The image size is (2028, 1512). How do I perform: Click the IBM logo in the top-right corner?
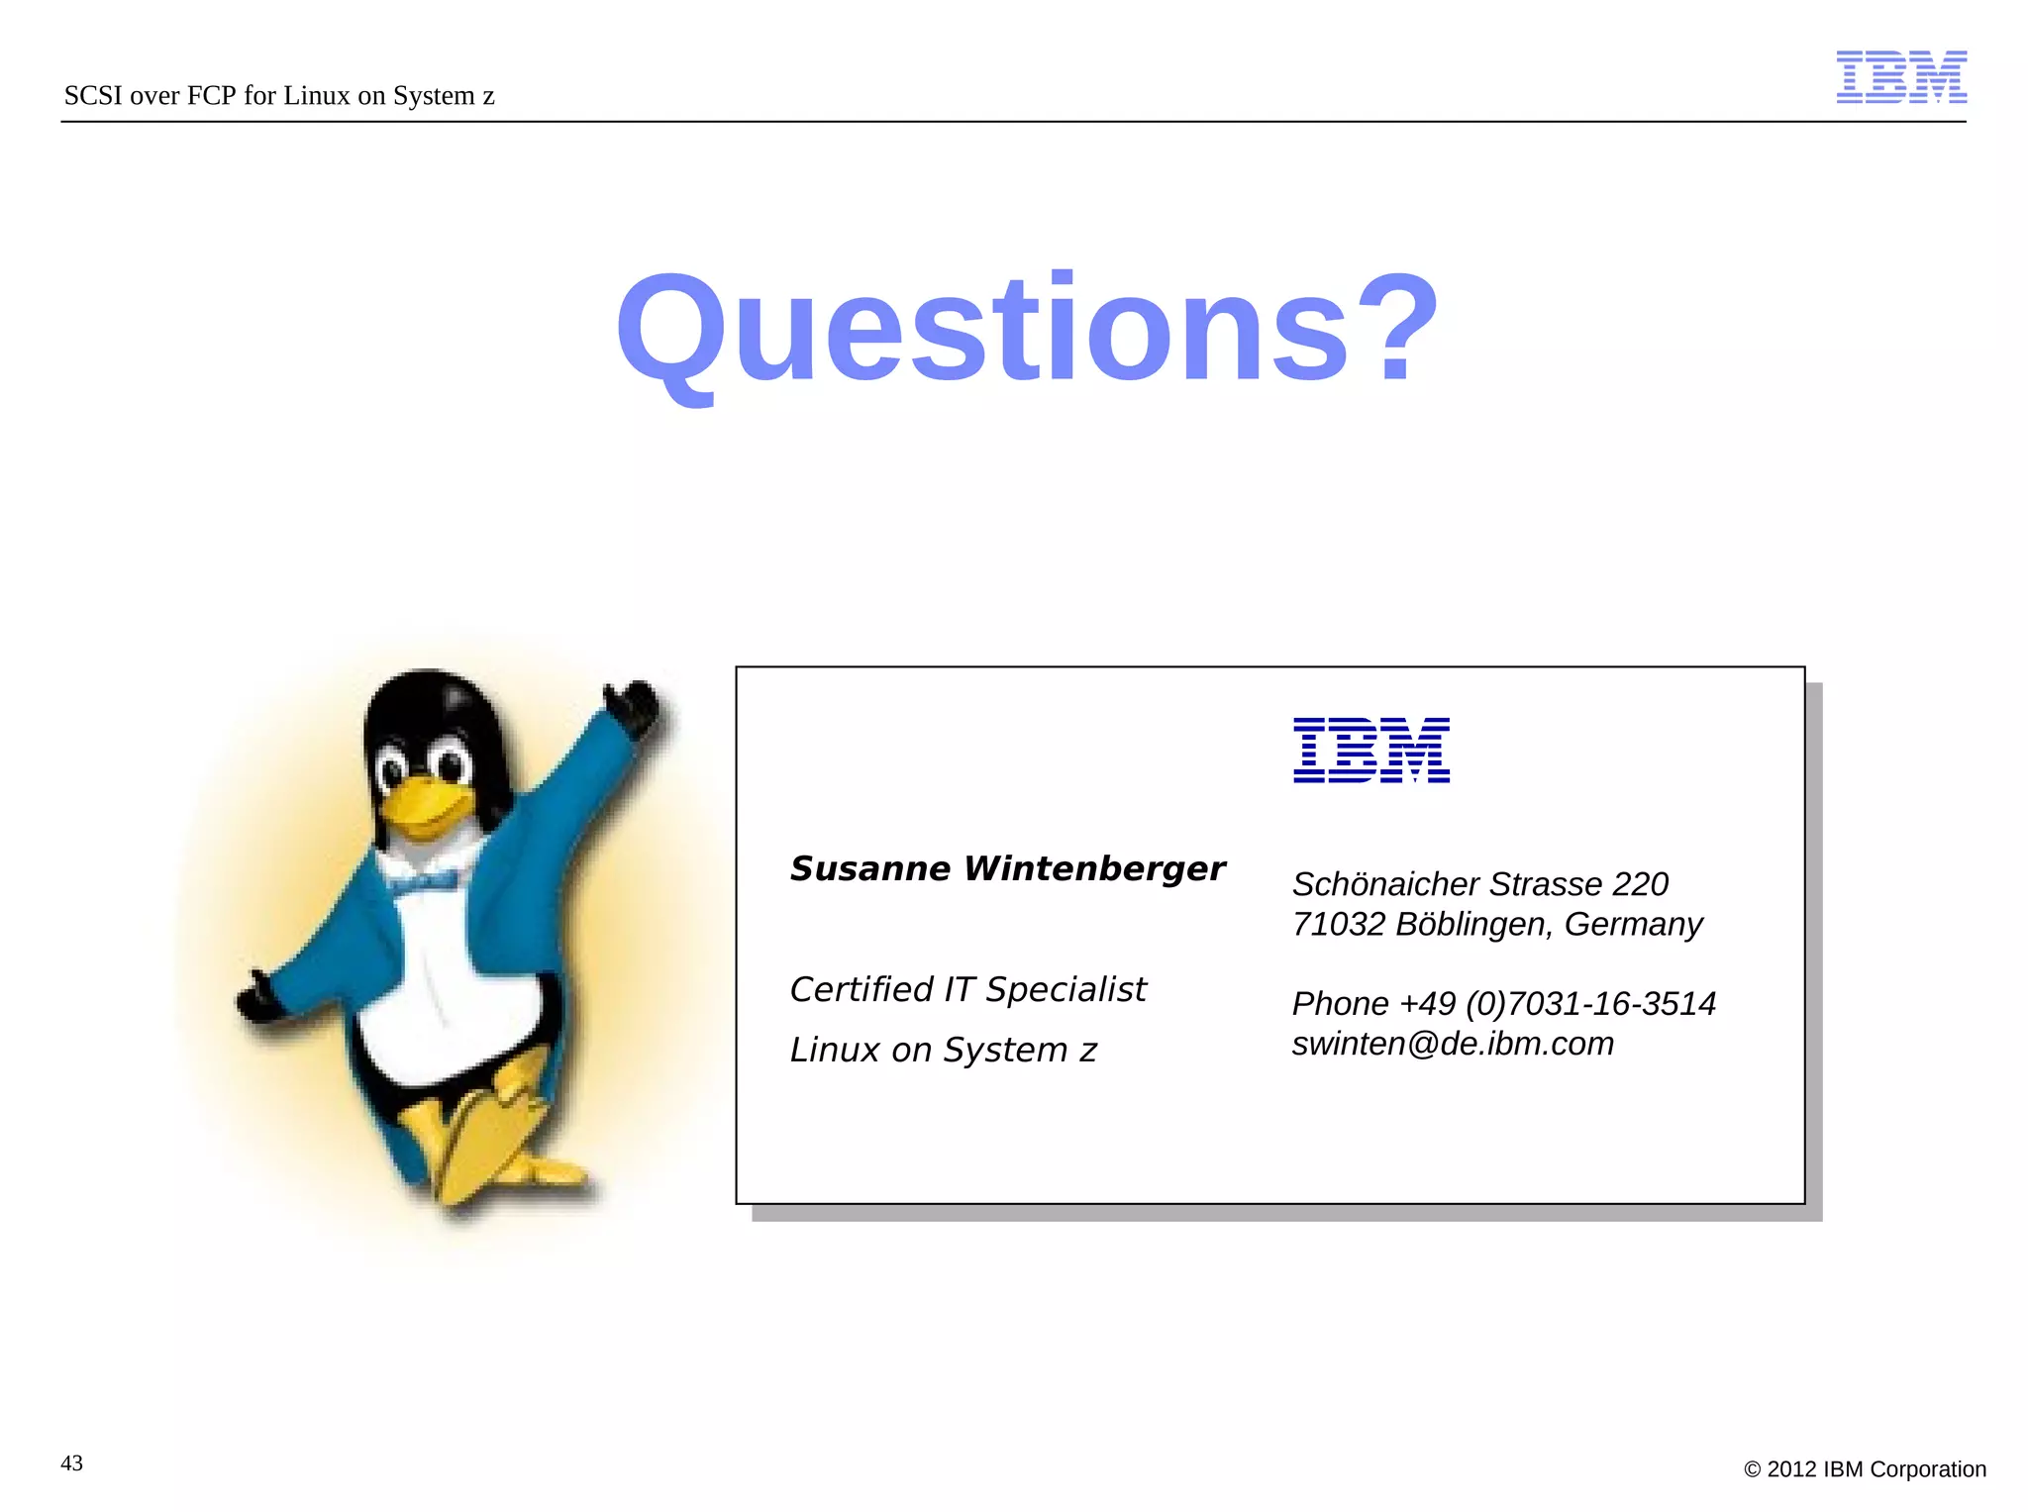tap(1900, 77)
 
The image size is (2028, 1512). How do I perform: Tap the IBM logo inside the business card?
tap(1370, 750)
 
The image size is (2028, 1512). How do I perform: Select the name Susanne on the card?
tap(869, 868)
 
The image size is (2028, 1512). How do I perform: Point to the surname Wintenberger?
tap(1094, 868)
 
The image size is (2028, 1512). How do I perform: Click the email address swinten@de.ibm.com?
tap(1453, 1044)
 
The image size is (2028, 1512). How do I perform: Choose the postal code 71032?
tap(1338, 924)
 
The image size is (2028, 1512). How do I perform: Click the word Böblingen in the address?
tap(1472, 924)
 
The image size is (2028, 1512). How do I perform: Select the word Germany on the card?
tap(1633, 924)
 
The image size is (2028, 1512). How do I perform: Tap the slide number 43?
tap(72, 1463)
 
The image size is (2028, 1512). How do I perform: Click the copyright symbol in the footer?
tap(1752, 1469)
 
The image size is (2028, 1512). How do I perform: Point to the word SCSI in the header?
tap(93, 96)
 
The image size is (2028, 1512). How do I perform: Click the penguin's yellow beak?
tap(424, 802)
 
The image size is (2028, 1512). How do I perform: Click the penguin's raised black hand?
tap(634, 704)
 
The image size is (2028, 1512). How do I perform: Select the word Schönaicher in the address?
tap(1384, 883)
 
